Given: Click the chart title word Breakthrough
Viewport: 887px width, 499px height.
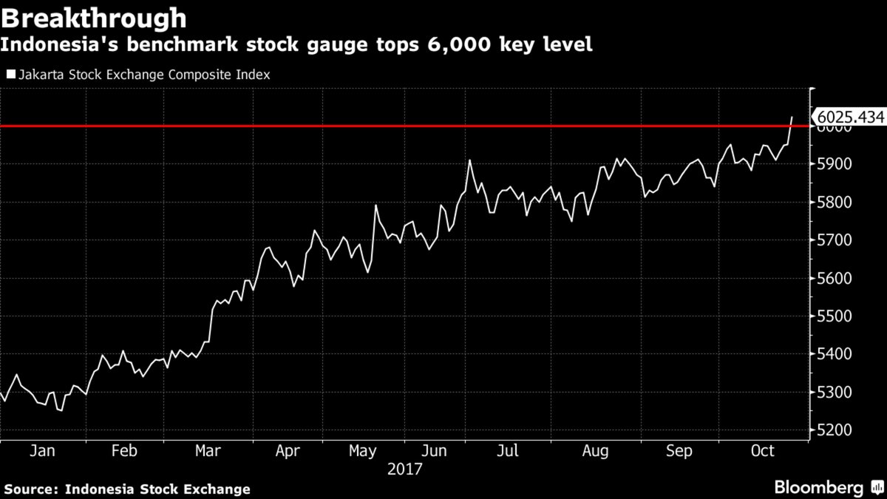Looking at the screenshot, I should [x=93, y=17].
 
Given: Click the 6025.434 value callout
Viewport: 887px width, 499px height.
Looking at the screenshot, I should [x=849, y=117].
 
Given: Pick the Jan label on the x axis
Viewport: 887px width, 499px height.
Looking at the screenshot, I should [x=42, y=451].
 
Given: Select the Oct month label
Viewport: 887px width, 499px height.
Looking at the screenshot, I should [x=763, y=451].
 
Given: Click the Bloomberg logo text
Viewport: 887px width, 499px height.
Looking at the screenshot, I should [x=818, y=488].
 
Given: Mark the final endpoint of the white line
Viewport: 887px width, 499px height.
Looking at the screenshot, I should [x=792, y=117].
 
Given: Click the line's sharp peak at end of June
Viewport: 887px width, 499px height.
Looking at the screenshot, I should [x=469, y=160].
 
